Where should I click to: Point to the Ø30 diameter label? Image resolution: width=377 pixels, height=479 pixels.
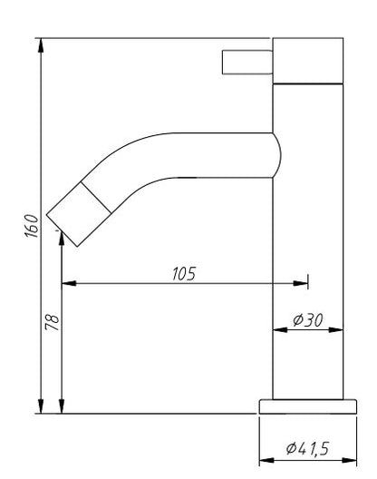click(x=309, y=319)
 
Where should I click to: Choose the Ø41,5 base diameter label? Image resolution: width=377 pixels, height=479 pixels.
click(x=308, y=447)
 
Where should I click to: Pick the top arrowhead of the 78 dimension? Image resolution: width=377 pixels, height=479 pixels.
click(x=61, y=239)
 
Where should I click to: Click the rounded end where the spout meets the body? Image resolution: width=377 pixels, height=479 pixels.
click(x=275, y=154)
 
